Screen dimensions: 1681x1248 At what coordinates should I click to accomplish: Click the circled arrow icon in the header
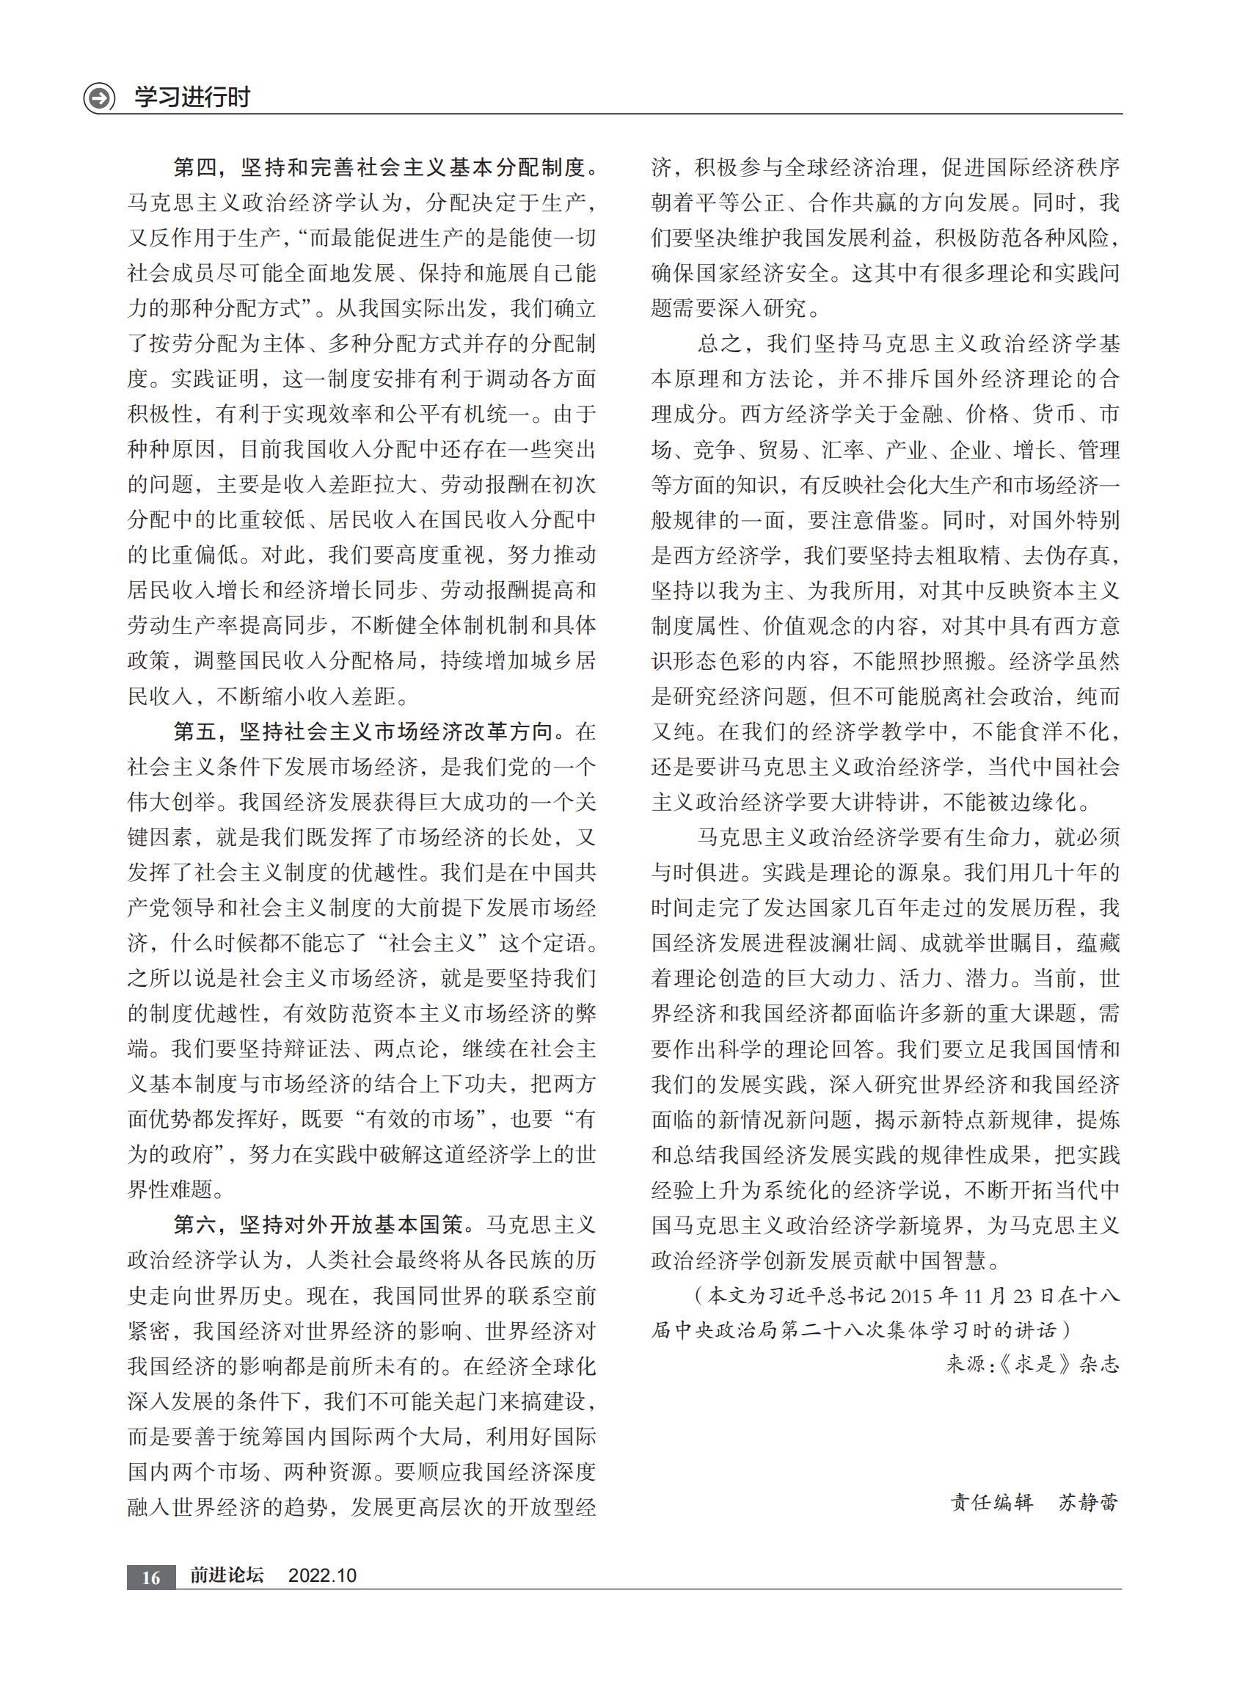(x=99, y=98)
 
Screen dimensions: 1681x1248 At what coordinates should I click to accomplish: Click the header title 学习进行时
(x=192, y=98)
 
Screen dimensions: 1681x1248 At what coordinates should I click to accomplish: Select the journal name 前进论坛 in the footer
(x=227, y=1575)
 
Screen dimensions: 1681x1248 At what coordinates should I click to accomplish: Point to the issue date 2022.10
(x=322, y=1575)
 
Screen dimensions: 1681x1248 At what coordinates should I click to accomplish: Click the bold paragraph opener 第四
(x=196, y=167)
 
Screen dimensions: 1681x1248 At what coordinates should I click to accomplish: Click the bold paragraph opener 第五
(x=196, y=732)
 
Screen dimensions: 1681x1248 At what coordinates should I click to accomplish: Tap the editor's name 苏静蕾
(x=1087, y=1503)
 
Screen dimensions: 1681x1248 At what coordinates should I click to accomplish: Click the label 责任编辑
(x=991, y=1503)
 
